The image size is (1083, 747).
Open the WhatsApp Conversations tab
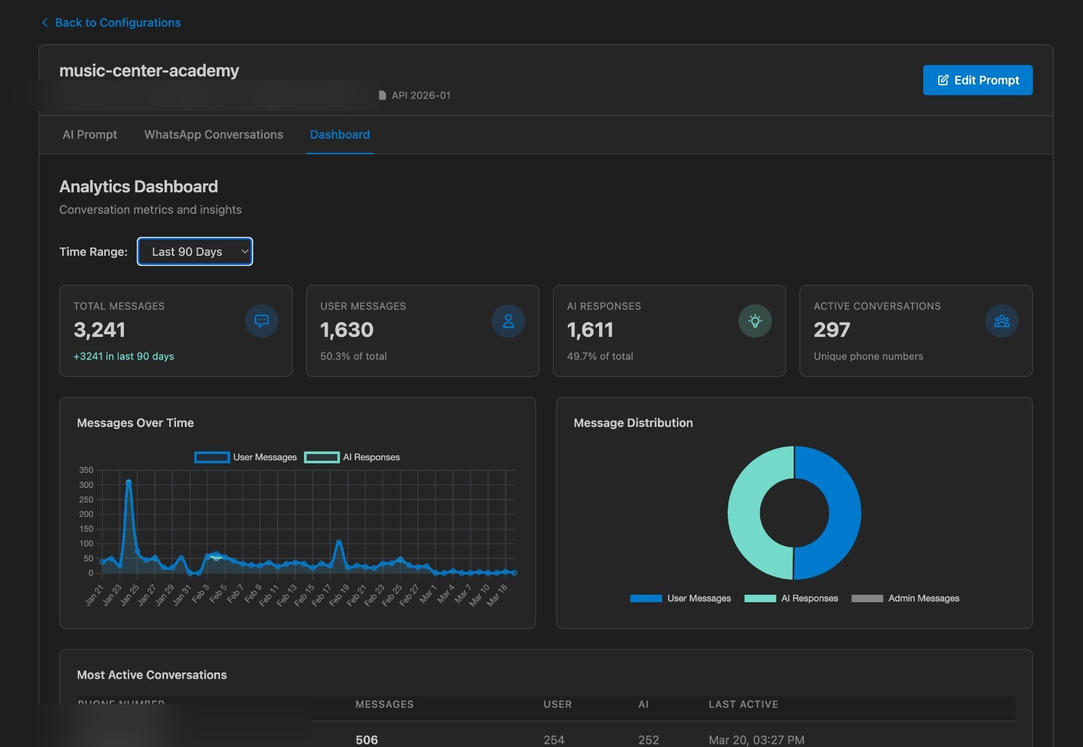pyautogui.click(x=213, y=135)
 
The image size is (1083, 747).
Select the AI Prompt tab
pyautogui.click(x=89, y=135)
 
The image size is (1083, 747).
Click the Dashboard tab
pyautogui.click(x=340, y=135)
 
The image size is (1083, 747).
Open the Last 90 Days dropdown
pyautogui.click(x=195, y=252)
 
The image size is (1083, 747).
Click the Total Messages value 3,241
pyautogui.click(x=100, y=330)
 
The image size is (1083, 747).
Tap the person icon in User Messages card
pyautogui.click(x=508, y=321)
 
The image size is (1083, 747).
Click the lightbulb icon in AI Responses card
pyautogui.click(x=755, y=321)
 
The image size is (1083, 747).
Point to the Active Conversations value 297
pyautogui.click(x=831, y=330)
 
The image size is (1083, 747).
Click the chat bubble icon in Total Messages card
pyautogui.click(x=262, y=321)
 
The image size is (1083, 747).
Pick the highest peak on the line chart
pyautogui.click(x=129, y=482)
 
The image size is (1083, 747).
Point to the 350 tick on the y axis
pyautogui.click(x=86, y=470)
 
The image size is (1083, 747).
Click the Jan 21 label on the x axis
pyautogui.click(x=95, y=595)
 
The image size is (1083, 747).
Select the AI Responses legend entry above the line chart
pyautogui.click(x=353, y=457)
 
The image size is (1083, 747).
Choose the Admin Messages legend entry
pyautogui.click(x=906, y=598)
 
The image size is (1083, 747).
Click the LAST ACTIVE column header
pyautogui.click(x=743, y=704)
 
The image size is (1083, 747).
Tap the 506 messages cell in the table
pyautogui.click(x=367, y=740)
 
